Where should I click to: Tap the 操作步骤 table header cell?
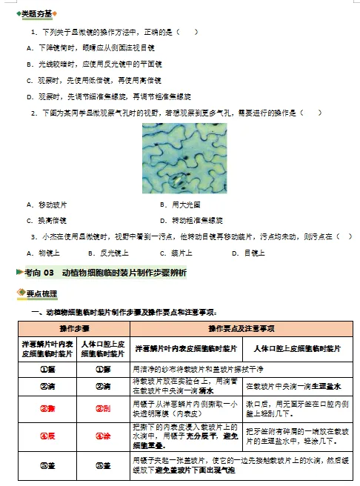(x=75, y=328)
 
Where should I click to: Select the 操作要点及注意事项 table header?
(x=241, y=328)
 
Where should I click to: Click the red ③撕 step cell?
(x=47, y=407)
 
